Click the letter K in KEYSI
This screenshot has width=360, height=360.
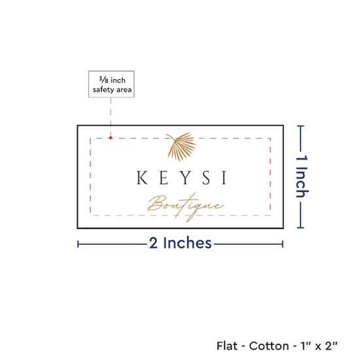[142, 177]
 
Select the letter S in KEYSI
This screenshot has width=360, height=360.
[206, 177]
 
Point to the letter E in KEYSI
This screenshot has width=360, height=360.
[164, 177]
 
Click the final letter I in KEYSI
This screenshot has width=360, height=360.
[225, 177]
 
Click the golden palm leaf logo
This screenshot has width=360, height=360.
[181, 147]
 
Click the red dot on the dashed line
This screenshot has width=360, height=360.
[111, 137]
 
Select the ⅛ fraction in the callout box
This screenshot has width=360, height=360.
[103, 80]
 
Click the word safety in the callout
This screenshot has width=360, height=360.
[103, 90]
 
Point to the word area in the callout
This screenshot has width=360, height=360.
[124, 90]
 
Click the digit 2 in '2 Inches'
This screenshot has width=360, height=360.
[153, 243]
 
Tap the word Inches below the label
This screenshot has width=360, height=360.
[187, 243]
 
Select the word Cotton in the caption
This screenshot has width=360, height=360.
[269, 346]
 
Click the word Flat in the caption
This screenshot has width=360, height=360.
[227, 346]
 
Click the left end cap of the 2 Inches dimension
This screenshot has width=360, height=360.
[78, 244]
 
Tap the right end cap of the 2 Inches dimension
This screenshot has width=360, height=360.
[283, 244]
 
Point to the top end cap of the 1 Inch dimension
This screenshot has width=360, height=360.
[300, 126]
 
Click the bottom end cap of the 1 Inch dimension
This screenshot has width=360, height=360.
[300, 228]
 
